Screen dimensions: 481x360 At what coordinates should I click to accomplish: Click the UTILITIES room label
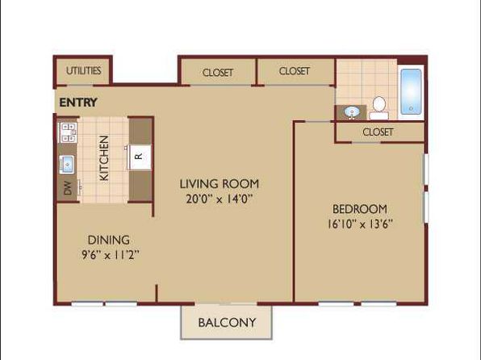tap(83, 71)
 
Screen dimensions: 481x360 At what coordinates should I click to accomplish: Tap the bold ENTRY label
tap(78, 103)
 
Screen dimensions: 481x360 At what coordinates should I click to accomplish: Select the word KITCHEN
tap(104, 158)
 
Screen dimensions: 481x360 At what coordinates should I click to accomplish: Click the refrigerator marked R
tap(140, 157)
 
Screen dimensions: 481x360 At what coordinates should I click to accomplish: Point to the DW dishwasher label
tap(68, 188)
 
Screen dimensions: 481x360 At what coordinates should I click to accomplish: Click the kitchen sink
tap(66, 165)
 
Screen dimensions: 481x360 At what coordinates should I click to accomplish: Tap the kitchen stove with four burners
tap(68, 132)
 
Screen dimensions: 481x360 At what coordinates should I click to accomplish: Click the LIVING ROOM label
tap(220, 184)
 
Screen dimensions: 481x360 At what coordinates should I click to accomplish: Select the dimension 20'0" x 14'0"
tap(220, 199)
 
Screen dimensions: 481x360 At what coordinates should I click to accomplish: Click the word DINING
tap(109, 240)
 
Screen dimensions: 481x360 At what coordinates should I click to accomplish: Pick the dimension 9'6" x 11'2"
tap(111, 255)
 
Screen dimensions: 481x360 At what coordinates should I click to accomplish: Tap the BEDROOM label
tap(360, 209)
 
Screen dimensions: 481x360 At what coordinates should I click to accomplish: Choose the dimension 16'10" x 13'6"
tap(360, 224)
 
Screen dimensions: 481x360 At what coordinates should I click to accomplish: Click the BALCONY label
tap(227, 323)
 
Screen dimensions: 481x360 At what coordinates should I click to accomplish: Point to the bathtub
tap(411, 92)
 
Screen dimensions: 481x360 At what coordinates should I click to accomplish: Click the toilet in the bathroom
tap(379, 108)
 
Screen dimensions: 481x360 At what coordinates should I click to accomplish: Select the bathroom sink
tap(351, 112)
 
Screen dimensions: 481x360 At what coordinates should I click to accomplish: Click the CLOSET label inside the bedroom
tap(378, 132)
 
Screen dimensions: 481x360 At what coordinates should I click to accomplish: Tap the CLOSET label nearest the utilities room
tap(218, 73)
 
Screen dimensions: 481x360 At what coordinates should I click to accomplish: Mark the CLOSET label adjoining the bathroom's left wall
tap(295, 71)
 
